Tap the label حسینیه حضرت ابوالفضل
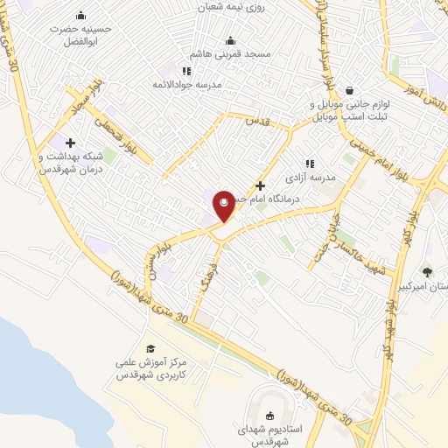(82, 33)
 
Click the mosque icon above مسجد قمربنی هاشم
(230, 40)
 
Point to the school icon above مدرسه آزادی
(309, 163)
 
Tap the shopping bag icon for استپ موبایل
(350, 90)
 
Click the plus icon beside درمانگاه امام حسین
(260, 185)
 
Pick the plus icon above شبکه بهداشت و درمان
(70, 143)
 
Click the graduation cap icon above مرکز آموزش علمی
(150, 348)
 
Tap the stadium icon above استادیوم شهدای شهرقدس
(268, 417)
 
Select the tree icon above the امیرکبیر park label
(427, 272)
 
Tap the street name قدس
(255, 120)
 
